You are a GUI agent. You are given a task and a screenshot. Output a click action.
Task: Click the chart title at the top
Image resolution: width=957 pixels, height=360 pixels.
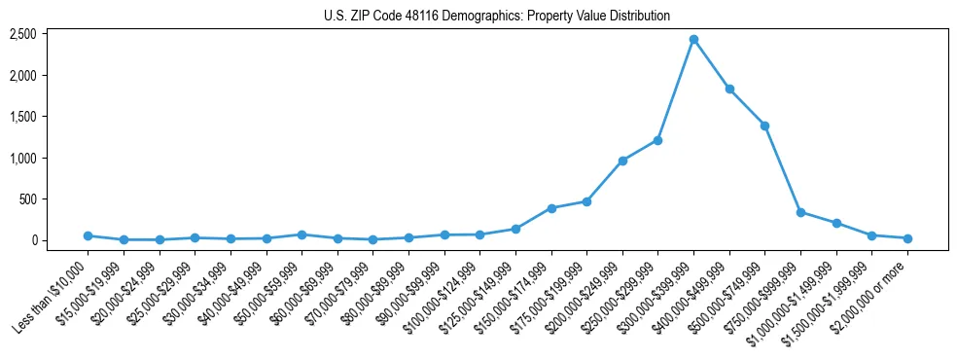point(497,17)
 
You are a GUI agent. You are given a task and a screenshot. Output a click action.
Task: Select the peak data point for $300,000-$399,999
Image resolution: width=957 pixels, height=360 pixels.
point(693,40)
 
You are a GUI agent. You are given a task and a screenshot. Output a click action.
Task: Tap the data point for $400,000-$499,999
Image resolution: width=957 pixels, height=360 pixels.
point(729,89)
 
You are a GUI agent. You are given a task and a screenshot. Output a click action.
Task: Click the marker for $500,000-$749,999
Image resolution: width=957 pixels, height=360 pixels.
point(765,126)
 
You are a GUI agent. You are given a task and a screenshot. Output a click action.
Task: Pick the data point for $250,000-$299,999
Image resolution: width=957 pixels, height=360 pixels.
point(658,140)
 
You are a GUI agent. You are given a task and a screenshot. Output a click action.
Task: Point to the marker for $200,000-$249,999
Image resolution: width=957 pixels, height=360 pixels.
point(622,161)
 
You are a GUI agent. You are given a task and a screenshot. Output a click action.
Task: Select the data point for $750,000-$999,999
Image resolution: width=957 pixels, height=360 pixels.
point(800,212)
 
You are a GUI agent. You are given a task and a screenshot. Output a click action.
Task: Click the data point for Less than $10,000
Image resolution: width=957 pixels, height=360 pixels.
point(88,235)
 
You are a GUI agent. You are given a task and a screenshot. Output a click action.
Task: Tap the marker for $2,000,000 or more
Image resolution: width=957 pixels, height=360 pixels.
point(907,238)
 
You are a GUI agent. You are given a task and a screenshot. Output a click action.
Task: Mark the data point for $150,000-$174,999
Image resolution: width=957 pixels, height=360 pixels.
point(551,208)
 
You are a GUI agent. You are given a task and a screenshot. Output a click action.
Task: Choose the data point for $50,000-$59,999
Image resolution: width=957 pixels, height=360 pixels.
point(301,234)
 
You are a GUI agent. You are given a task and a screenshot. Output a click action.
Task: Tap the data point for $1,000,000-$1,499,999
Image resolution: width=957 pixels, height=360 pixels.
point(836,223)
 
